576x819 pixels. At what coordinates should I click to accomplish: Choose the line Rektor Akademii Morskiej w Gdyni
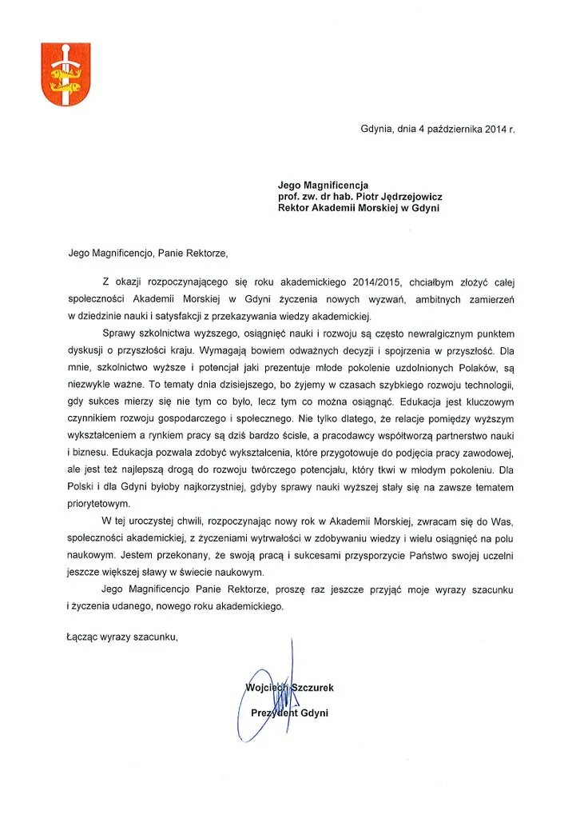click(359, 208)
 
